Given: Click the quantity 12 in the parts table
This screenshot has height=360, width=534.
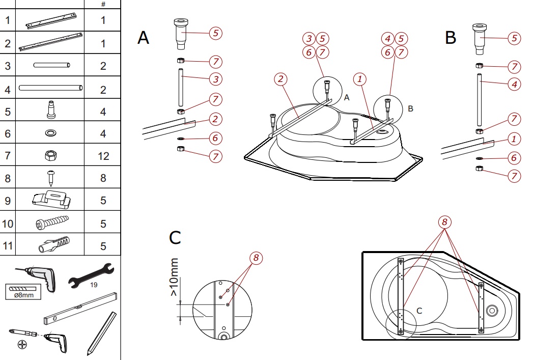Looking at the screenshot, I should pos(103,156).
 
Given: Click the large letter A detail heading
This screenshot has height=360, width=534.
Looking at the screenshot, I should pos(144,38).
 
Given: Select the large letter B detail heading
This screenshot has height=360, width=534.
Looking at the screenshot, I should pos(451,38).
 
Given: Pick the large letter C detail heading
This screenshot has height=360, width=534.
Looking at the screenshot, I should pos(175,237).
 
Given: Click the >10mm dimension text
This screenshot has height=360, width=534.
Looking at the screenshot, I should pos(175,278).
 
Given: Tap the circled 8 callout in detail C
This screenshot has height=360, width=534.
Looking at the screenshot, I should pos(256,258).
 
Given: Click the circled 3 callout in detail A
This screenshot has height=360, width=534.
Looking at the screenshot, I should pos(215,79).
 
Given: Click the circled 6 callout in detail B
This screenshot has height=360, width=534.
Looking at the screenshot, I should pos(514,158).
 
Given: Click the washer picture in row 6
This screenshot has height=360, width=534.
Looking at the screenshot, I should pos(51,133).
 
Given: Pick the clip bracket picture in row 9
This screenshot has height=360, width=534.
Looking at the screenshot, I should pos(51,200).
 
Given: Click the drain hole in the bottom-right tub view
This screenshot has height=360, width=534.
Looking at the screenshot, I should pos(492,310).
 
